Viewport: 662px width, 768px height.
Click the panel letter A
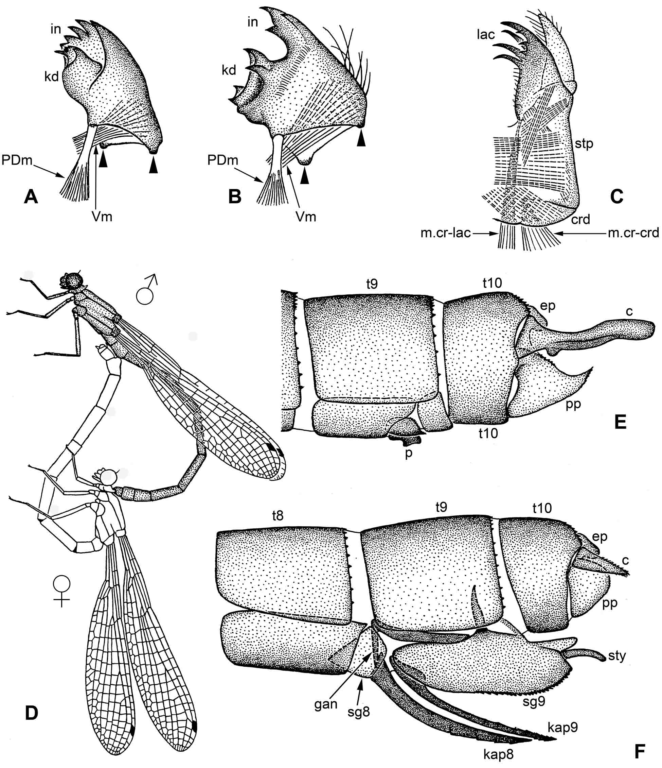click(x=31, y=197)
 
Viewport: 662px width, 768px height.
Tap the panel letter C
click(x=616, y=197)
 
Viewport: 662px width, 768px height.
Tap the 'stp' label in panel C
click(x=584, y=143)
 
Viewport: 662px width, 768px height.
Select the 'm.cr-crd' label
click(x=633, y=233)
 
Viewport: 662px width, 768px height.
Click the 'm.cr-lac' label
click(x=445, y=233)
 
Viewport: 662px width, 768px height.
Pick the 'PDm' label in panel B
click(x=222, y=160)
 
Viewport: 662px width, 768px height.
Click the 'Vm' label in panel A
click(x=102, y=216)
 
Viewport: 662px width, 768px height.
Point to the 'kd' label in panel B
click(x=229, y=69)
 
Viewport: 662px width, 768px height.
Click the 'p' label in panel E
click(x=408, y=453)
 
